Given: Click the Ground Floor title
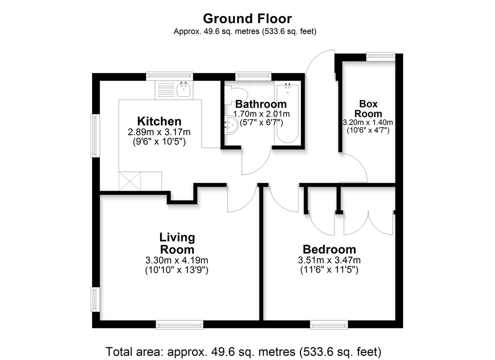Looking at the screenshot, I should click(247, 19).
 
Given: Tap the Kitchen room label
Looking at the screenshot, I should click(159, 121).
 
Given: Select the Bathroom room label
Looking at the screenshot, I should click(261, 104).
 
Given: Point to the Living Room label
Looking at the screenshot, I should click(177, 243).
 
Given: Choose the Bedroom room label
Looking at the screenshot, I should click(329, 249).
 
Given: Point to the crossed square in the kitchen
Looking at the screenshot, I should click(129, 181).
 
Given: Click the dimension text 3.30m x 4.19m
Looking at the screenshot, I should click(177, 260).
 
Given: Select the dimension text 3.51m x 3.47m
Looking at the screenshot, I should click(329, 260).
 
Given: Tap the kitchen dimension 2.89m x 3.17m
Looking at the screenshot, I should click(159, 132).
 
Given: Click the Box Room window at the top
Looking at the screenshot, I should click(380, 57).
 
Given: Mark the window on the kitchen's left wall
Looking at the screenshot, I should click(94, 136).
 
